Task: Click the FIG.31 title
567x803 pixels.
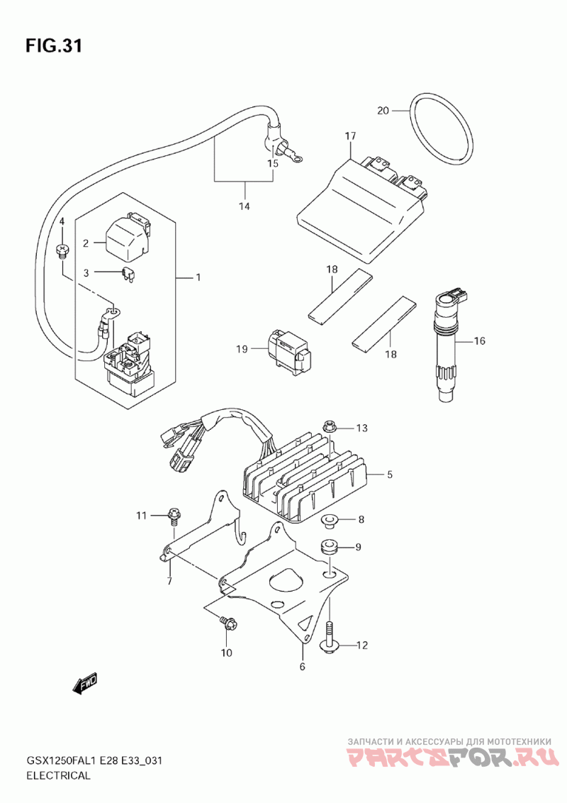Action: coord(53,46)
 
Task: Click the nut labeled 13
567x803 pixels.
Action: coord(329,426)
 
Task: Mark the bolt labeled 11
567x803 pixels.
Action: coord(174,515)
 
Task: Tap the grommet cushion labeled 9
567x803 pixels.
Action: coord(330,548)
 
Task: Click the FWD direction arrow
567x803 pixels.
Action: coord(84,684)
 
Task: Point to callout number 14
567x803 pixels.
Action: coord(244,206)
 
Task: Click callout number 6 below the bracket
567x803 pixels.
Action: coord(302,666)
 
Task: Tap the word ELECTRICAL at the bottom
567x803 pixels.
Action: coord(58,775)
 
